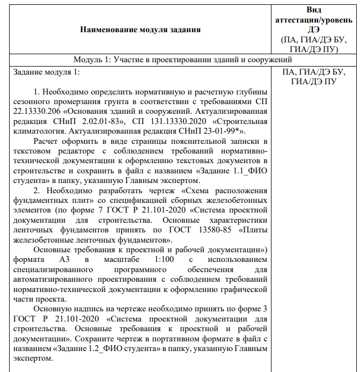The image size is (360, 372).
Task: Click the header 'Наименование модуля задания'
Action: click(140, 30)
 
